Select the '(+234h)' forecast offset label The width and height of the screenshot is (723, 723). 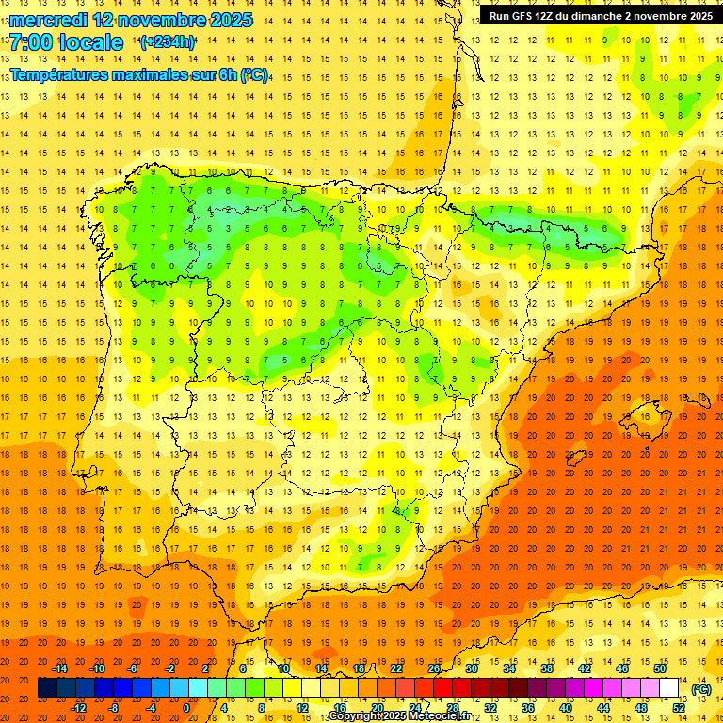point(167,42)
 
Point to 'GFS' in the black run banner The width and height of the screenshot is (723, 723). point(527,16)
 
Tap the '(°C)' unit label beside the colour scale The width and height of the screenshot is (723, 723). point(701,689)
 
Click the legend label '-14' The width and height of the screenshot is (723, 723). point(60,668)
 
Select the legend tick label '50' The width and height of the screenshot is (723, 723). point(660,668)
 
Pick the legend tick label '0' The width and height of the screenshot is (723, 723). point(186,708)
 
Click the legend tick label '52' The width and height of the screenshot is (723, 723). point(679,708)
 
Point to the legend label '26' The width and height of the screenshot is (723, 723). point(434,668)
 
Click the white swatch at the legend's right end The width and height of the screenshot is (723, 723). point(669,688)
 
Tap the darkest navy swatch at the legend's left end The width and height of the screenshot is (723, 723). point(47,688)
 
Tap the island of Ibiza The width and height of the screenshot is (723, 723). point(576,458)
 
